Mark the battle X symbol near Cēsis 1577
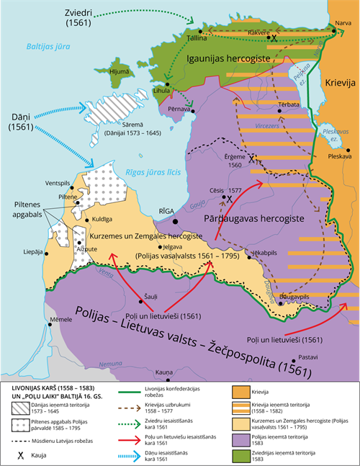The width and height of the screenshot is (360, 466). tap(230, 199)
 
